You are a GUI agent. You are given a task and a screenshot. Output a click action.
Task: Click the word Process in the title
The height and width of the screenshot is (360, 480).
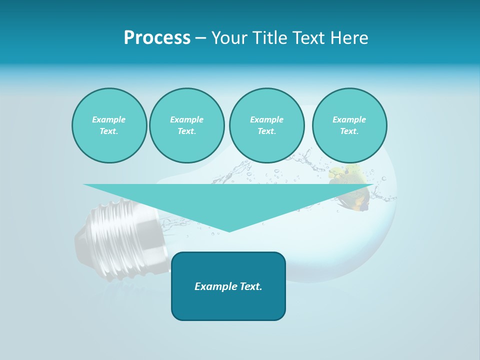click(157, 38)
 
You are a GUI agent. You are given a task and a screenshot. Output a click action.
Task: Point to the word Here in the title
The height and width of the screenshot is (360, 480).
click(349, 38)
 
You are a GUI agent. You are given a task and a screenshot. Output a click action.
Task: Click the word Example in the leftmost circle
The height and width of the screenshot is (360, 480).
click(109, 119)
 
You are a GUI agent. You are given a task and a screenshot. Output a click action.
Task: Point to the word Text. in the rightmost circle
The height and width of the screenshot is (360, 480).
click(349, 131)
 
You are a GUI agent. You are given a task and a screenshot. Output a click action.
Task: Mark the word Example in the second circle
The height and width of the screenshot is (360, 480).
click(186, 119)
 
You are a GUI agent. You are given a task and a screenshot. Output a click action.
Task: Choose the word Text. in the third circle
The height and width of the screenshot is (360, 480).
click(266, 131)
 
